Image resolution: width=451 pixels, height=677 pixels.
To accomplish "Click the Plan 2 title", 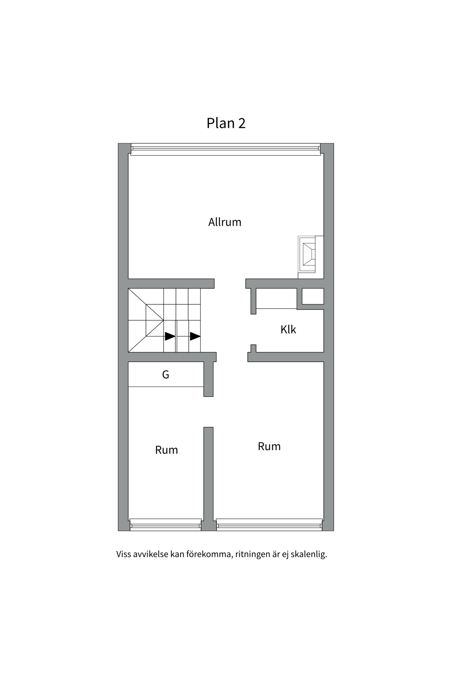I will (226, 123).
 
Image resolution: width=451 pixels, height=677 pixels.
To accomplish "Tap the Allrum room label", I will (225, 222).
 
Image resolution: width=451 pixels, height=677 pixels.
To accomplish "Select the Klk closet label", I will (288, 330).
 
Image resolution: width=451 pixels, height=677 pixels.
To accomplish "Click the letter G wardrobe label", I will (166, 374).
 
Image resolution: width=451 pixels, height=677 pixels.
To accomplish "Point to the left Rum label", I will (166, 450).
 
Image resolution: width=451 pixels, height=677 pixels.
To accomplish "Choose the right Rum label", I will (269, 446).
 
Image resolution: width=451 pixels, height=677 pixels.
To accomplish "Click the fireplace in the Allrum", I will (309, 254).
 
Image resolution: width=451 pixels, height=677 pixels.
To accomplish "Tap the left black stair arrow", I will (170, 336).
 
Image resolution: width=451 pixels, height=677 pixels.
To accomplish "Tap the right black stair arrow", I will (195, 336).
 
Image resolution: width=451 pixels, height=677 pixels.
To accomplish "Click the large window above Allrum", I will (225, 150).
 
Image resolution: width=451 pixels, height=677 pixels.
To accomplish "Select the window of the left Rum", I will (165, 525).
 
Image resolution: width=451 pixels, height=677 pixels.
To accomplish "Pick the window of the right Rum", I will (269, 525).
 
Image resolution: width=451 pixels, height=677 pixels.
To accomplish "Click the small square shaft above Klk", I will (313, 296).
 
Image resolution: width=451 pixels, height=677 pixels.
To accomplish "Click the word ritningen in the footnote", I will (252, 554).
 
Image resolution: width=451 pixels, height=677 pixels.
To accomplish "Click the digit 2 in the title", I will (242, 123).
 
